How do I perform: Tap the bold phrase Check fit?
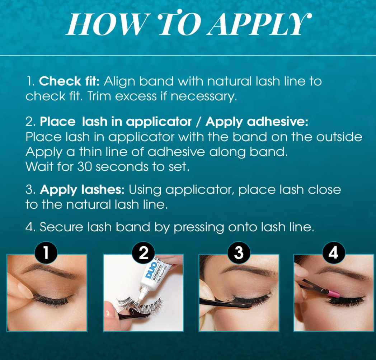[x=69, y=81]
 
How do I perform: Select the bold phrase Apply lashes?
[x=82, y=190]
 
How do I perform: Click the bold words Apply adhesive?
[x=257, y=122]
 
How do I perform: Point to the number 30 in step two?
[x=84, y=167]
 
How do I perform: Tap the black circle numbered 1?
[x=46, y=253]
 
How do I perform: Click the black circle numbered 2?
[x=143, y=253]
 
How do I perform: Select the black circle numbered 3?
[x=239, y=253]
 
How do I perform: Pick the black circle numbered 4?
[x=333, y=253]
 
